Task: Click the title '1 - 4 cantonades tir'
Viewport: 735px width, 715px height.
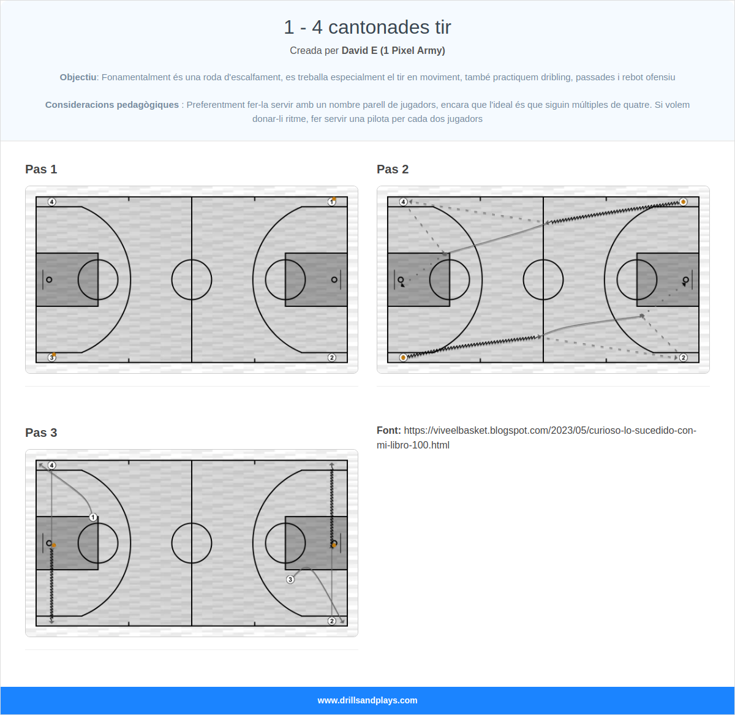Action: (x=367, y=27)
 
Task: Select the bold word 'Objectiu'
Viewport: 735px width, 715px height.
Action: (x=78, y=77)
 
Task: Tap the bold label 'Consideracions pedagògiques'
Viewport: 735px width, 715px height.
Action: (x=112, y=105)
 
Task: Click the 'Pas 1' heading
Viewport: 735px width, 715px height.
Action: (x=41, y=170)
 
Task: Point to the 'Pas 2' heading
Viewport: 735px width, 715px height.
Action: (x=393, y=170)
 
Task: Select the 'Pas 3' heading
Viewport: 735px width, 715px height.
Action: (x=41, y=433)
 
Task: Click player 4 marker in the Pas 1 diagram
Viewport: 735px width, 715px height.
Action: (x=52, y=202)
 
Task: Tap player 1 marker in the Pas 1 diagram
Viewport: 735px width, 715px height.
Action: (x=331, y=202)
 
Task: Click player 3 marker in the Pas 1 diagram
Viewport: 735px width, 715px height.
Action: (x=52, y=357)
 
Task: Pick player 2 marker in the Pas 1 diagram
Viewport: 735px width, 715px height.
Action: (x=331, y=357)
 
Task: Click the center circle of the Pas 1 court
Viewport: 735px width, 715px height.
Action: (x=192, y=280)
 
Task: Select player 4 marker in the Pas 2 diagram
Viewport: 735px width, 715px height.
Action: (x=404, y=202)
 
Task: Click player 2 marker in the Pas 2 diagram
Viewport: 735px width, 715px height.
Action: (x=683, y=357)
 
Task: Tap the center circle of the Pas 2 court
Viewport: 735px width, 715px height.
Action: (x=543, y=280)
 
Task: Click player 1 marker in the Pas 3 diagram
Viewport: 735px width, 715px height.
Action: (x=93, y=517)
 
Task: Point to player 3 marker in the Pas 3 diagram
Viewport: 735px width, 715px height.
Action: (x=290, y=579)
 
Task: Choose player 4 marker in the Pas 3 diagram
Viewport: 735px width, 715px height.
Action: (x=52, y=466)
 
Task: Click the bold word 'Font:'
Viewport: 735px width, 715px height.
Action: (x=389, y=431)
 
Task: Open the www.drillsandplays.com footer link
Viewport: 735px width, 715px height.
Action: (x=367, y=700)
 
